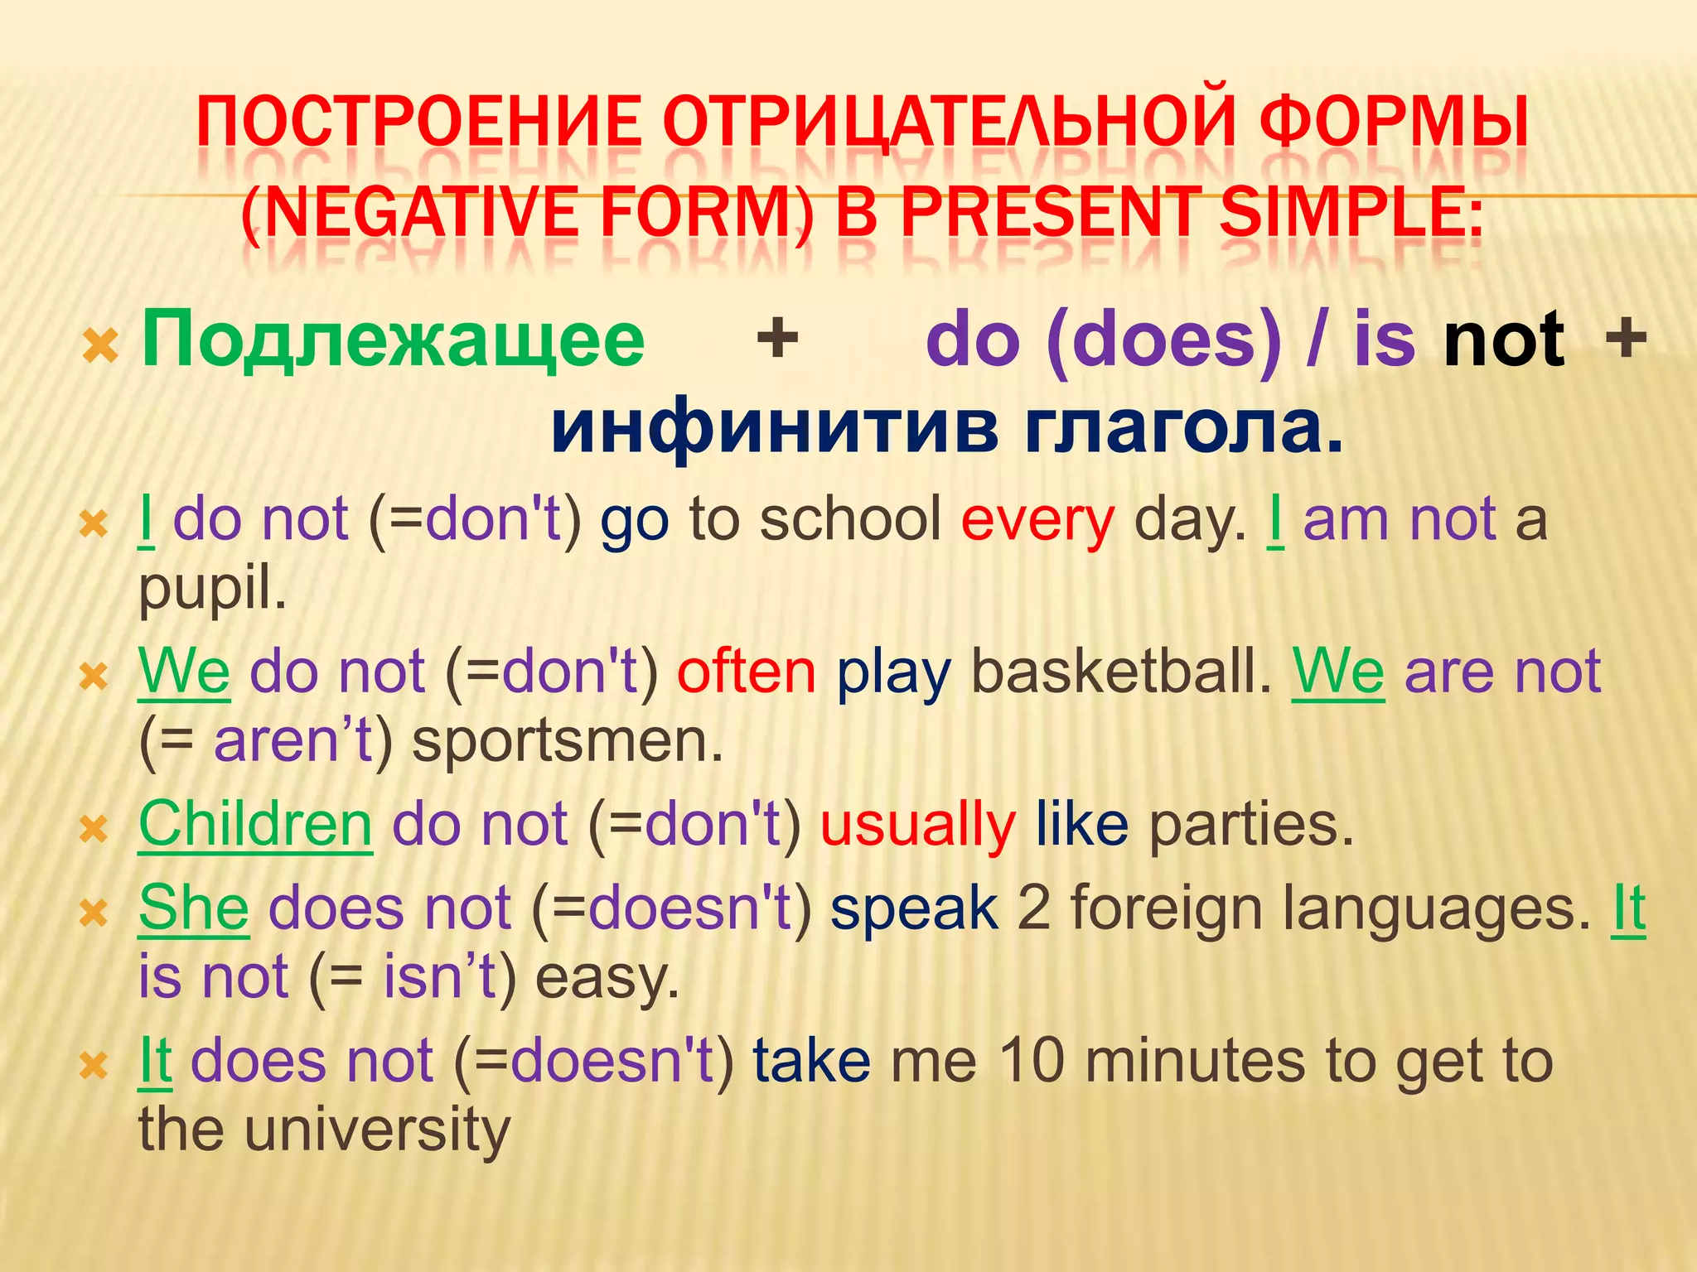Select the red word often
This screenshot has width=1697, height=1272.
coord(747,672)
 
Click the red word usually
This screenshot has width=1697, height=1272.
coord(917,826)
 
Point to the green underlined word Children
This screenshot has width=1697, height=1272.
coord(255,825)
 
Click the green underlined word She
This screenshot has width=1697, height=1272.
coord(193,908)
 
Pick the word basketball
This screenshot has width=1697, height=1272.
coord(1120,672)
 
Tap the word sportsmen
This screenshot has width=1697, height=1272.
coord(568,741)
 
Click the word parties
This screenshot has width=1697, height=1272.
coord(1250,826)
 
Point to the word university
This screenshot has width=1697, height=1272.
coord(377,1130)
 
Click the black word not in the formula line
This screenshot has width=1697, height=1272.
coord(1503,340)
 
